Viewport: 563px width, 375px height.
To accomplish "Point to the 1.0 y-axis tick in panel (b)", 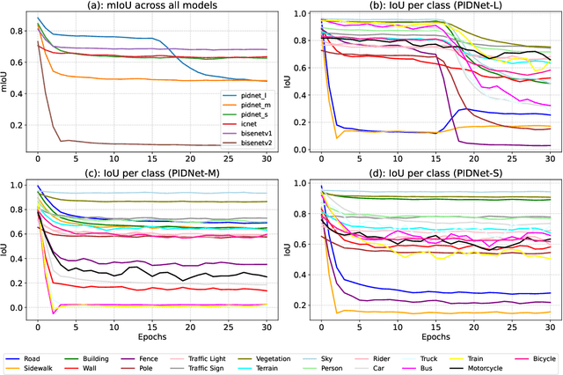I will coord(300,15).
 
